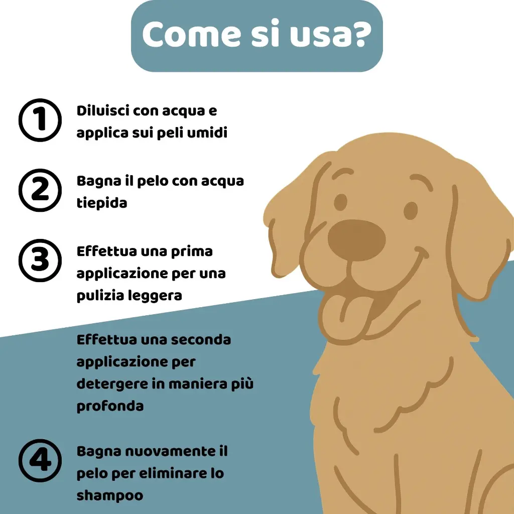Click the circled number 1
coord(40,120)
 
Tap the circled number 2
coord(40,191)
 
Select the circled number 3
coord(40,261)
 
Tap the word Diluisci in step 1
coord(103,111)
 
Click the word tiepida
coord(101,203)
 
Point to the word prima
coord(193,251)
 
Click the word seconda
coord(201,340)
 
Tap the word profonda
coord(110,406)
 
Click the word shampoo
coord(110,495)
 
